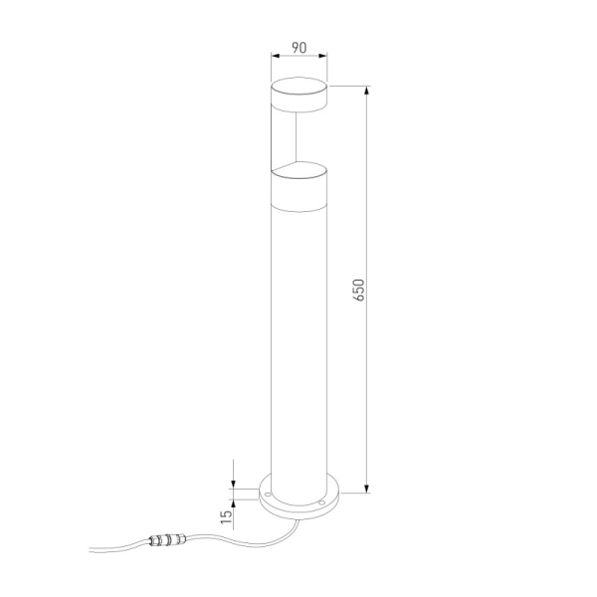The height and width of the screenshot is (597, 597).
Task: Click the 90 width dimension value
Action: tap(298, 47)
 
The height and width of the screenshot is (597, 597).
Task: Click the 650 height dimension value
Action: tap(359, 289)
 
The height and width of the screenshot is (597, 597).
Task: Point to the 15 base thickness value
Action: tap(228, 514)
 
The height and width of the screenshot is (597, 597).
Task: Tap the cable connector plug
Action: tap(162, 542)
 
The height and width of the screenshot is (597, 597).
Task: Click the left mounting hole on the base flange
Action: tap(269, 491)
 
